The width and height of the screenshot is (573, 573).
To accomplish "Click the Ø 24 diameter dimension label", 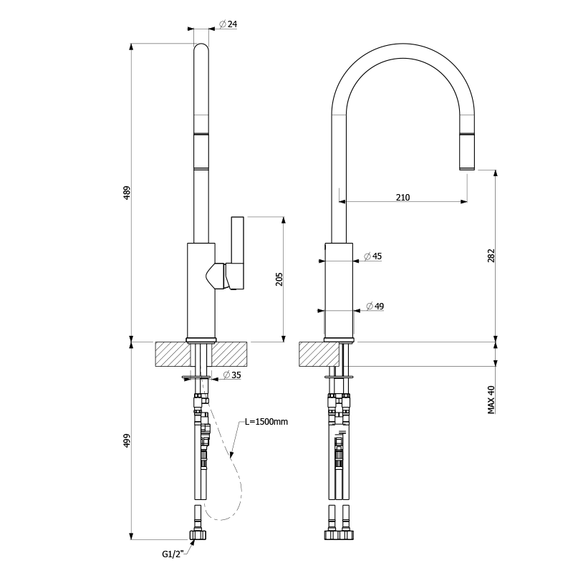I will tap(228, 24).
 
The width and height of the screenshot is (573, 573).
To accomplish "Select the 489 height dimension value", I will tap(127, 192).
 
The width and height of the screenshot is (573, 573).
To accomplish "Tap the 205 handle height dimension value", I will tap(279, 279).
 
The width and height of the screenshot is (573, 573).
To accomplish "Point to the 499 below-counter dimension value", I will tap(127, 440).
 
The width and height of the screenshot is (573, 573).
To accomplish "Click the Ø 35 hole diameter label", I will tap(231, 375).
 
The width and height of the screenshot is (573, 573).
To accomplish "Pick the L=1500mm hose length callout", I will tap(266, 422).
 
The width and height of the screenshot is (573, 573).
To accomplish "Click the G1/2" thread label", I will tap(173, 553).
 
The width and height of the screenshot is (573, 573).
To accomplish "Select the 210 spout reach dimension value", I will tap(403, 197).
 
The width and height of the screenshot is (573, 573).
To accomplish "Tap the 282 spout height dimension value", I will tap(491, 256).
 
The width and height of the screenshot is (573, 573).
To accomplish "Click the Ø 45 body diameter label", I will tap(372, 256).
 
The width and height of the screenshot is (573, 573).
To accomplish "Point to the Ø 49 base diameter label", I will tap(375, 307).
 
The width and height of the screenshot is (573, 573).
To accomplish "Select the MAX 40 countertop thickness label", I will tap(491, 400).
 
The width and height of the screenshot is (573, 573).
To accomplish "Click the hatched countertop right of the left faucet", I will tap(229, 354).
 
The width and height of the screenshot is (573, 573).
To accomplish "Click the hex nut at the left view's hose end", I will tap(198, 534).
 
